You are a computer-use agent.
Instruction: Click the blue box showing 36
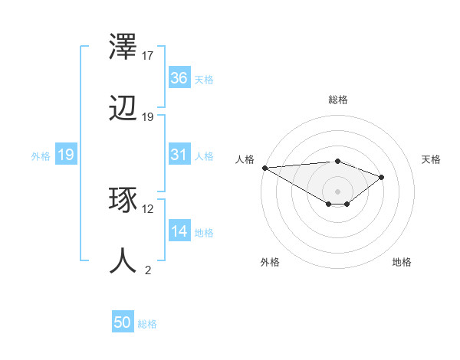[179, 78]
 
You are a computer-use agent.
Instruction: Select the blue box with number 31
[179, 155]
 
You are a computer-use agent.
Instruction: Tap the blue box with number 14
[179, 231]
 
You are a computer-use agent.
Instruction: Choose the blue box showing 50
[123, 322]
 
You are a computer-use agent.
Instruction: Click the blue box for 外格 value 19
[66, 155]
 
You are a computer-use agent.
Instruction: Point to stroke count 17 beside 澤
[148, 56]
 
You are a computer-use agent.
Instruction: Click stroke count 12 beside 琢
[148, 208]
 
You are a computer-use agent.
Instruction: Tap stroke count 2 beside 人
[148, 270]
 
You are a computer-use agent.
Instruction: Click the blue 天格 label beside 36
[204, 79]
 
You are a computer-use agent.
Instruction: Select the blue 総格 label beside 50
[147, 324]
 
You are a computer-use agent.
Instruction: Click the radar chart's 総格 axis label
[337, 100]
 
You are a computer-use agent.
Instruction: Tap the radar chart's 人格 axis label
[245, 159]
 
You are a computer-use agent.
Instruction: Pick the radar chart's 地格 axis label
[402, 263]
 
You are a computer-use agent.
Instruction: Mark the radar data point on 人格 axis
[264, 167]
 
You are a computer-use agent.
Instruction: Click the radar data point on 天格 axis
[382, 177]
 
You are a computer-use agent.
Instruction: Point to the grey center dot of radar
[337, 191]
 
